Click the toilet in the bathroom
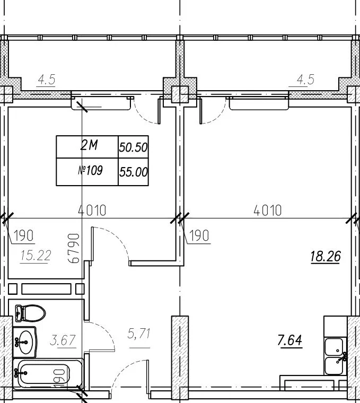coord(30,313)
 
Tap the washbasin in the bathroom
coord(24,342)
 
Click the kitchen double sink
coord(334,356)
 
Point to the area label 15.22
coord(36,256)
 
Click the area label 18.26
coord(326,257)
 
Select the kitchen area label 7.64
coord(290,340)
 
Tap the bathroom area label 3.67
coord(63,340)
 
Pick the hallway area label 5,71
coord(139,334)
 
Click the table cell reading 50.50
coord(133,147)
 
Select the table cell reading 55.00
coord(133,172)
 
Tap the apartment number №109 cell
coord(87,172)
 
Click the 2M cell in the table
coord(87,147)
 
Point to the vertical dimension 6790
coord(74,248)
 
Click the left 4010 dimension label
coord(92,210)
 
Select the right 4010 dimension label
coord(268,210)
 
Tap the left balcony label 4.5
coord(47,80)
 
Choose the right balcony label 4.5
coord(305,80)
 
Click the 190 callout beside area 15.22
coord(24,235)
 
